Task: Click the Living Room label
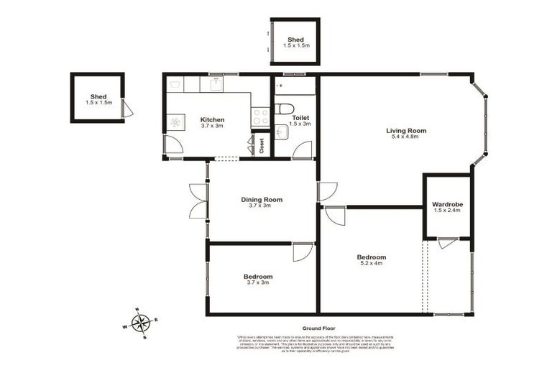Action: point(406,131)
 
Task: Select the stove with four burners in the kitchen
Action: point(260,117)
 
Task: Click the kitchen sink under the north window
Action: point(213,84)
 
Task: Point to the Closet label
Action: point(262,146)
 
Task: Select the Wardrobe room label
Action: point(447,205)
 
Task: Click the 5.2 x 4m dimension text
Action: point(371,264)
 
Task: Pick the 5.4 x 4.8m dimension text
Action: point(406,137)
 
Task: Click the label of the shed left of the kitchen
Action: point(98,96)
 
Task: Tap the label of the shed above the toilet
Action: point(295,40)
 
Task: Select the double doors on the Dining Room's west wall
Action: point(198,201)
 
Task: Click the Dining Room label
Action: point(261,200)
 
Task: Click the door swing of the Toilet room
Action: point(302,149)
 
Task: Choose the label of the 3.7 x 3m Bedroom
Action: point(257,277)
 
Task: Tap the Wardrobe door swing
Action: point(448,243)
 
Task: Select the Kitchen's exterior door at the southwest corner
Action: point(172,145)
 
